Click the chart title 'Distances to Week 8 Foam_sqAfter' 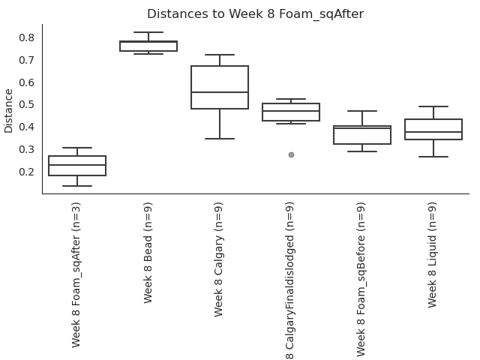(255, 14)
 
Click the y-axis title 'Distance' (9, 110)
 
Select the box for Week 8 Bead (148, 46)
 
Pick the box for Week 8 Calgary (220, 87)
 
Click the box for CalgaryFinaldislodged (291, 112)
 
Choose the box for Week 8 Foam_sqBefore (362, 135)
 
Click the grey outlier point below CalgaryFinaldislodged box (291, 154)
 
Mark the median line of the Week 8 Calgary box (220, 92)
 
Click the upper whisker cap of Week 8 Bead (148, 32)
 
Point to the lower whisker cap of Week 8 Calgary (220, 139)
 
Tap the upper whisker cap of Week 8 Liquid (433, 106)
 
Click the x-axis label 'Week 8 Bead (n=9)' (148, 252)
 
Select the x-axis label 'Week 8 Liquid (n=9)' (433, 254)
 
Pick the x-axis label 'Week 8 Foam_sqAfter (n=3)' (77, 274)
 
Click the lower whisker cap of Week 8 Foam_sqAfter (77, 186)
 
